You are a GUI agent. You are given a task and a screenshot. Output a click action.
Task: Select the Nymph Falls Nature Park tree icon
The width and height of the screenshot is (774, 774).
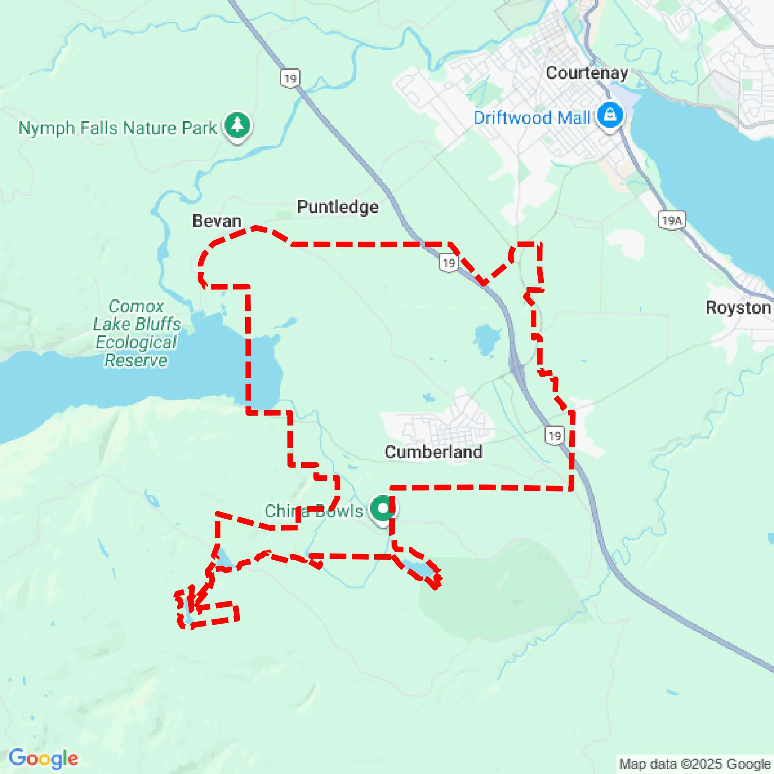238,125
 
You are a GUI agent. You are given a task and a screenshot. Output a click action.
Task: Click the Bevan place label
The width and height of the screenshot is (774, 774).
217,221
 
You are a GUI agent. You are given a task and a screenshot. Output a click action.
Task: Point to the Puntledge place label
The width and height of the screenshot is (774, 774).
337,207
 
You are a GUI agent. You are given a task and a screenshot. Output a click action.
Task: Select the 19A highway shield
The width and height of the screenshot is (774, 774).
672,220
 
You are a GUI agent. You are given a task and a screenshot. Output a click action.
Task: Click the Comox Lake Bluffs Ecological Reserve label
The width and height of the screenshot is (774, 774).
136,333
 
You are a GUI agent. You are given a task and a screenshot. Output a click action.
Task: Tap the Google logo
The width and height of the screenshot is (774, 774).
43,758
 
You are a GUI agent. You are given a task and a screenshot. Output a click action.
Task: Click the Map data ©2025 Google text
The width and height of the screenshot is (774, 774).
695,764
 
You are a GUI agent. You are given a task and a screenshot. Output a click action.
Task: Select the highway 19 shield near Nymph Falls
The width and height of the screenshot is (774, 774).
290,78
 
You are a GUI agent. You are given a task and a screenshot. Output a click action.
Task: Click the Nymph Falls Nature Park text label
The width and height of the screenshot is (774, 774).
117,128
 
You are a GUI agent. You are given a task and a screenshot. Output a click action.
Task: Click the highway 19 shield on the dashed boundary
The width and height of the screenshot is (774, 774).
449,263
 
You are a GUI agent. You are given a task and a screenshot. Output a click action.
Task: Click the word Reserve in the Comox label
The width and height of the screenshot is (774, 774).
136,360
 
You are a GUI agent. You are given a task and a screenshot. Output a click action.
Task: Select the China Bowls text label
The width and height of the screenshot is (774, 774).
313,511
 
